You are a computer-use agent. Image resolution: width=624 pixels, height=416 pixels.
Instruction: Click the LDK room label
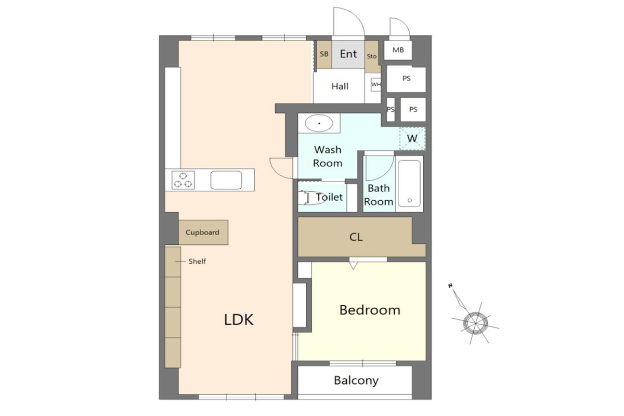point(239,320)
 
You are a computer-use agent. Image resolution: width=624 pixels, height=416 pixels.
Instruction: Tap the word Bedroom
point(370,310)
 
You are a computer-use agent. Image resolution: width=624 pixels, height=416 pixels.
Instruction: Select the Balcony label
point(356,381)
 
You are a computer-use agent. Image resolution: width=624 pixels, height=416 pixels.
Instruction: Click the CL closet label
point(356,237)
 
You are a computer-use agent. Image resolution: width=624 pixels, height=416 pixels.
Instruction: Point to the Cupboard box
point(203,232)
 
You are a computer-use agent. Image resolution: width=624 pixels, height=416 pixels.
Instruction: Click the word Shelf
point(197,262)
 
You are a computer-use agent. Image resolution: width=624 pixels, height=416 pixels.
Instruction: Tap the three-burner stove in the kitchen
point(183,180)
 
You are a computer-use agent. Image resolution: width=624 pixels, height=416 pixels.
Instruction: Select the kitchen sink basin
point(226,180)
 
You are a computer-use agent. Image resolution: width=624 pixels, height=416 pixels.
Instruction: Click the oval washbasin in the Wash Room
point(319,123)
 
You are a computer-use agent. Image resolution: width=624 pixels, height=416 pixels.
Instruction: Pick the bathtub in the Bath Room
point(409,184)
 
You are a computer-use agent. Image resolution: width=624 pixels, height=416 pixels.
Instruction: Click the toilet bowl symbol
point(310,198)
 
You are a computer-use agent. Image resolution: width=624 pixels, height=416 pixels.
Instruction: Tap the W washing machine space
point(412,138)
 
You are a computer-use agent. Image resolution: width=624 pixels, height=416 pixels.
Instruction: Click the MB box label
point(398,50)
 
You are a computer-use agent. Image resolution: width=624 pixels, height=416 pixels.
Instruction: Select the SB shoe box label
point(324,54)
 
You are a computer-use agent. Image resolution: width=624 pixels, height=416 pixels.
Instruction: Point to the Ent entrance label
point(348,54)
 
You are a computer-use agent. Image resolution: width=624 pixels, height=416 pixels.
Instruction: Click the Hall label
point(340,86)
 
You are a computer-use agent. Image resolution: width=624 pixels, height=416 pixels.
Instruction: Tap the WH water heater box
point(376,84)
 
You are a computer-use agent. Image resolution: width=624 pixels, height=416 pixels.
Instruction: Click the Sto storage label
point(372,56)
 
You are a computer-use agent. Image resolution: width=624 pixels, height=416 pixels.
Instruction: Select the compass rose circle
point(475,323)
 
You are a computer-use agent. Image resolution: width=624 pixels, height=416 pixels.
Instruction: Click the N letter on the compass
point(450,285)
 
